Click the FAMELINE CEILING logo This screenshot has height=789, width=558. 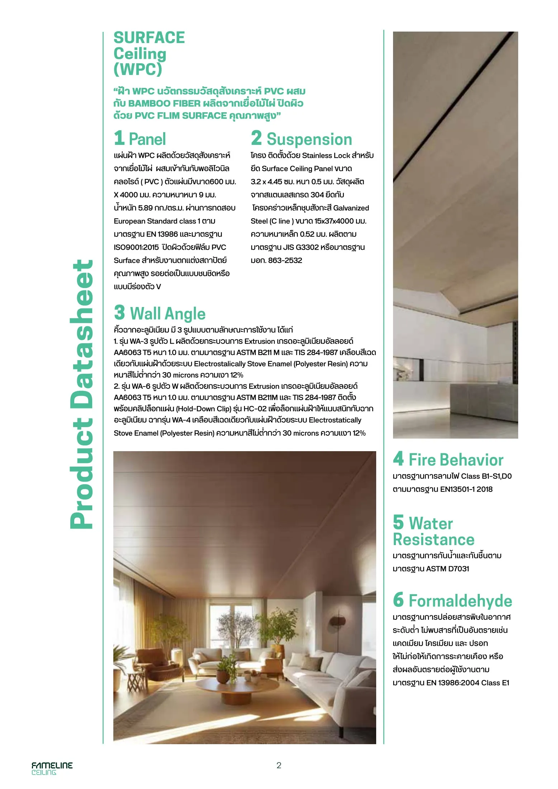[52, 768]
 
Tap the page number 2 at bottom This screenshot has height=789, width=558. [279, 765]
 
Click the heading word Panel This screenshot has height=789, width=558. [147, 139]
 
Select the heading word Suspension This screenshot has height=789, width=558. [309, 139]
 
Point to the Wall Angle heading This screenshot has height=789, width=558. [167, 313]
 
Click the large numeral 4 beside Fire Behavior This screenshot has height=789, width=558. [398, 459]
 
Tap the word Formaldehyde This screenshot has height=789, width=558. [460, 601]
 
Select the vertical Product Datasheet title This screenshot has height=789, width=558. [82, 394]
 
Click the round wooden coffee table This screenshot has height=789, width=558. [225, 686]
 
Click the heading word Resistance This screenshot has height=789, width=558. [433, 540]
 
